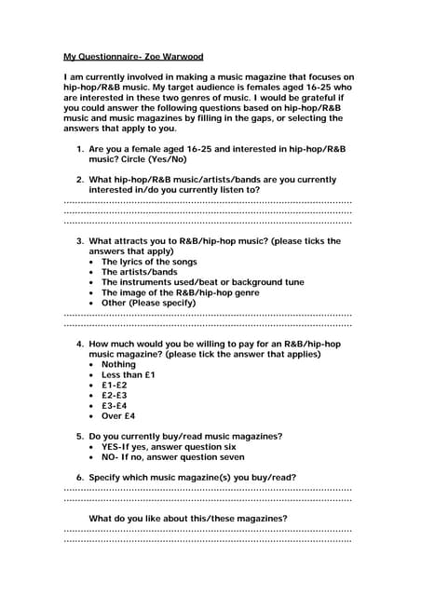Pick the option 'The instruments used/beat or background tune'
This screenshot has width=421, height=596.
pos(202,282)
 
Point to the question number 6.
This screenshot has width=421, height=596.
pos(78,477)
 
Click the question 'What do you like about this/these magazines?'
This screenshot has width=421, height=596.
pos(187,518)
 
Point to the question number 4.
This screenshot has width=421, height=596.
pos(78,344)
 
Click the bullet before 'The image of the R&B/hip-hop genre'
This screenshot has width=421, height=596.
pos(91,293)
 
